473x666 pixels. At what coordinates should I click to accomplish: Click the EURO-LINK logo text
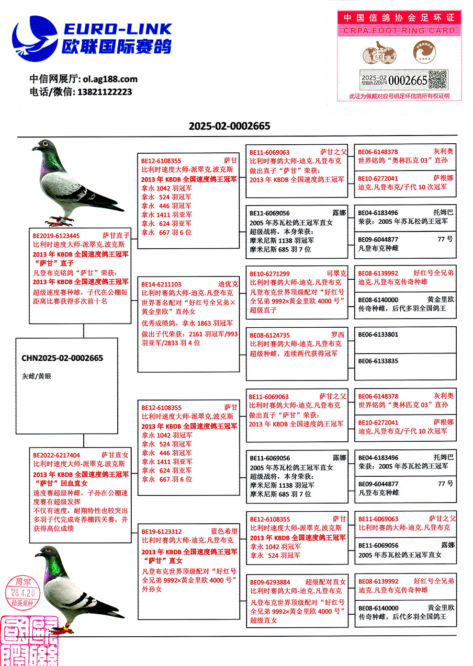(117, 29)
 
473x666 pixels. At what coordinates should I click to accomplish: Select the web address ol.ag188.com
(110, 79)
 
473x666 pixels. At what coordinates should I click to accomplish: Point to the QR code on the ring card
(437, 80)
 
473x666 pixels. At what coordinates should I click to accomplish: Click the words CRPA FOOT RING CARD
(399, 31)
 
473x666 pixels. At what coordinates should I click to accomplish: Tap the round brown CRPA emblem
(425, 52)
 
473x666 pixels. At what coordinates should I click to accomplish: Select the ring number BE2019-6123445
(56, 236)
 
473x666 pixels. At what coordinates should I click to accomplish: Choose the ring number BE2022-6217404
(56, 455)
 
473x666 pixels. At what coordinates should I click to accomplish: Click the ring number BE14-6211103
(161, 284)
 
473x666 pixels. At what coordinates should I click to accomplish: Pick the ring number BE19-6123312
(162, 531)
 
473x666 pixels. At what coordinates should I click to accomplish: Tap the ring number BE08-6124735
(270, 335)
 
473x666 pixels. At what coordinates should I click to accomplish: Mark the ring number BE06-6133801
(378, 334)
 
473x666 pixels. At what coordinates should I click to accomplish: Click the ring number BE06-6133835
(378, 361)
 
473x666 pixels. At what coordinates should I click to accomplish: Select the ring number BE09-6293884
(270, 582)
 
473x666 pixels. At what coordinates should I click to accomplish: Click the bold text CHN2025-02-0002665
(62, 358)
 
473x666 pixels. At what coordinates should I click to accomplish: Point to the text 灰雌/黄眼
(36, 376)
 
